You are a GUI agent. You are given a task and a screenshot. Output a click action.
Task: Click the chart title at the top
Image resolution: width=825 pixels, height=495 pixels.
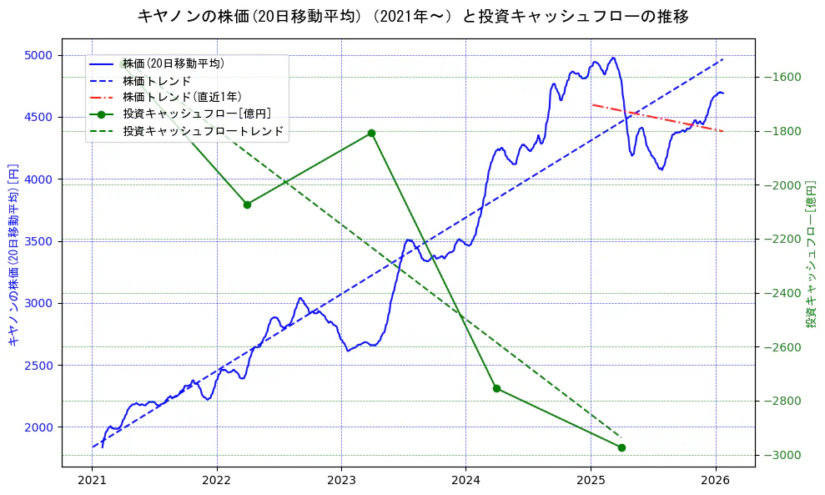pos(412,16)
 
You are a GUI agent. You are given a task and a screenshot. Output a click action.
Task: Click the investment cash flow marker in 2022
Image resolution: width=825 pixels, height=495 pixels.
pos(247,205)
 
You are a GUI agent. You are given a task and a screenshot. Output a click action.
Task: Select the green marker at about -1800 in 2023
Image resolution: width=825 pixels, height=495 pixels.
pos(371,133)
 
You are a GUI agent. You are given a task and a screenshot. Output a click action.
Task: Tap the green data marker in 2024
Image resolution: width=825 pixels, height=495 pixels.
pos(496,388)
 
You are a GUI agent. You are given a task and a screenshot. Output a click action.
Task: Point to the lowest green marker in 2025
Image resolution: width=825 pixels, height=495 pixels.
pos(621,447)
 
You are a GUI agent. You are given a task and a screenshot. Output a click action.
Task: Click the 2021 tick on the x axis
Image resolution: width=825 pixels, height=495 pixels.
pos(92,481)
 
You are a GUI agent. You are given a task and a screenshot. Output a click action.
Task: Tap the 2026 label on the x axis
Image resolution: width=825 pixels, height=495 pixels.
pos(716,481)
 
